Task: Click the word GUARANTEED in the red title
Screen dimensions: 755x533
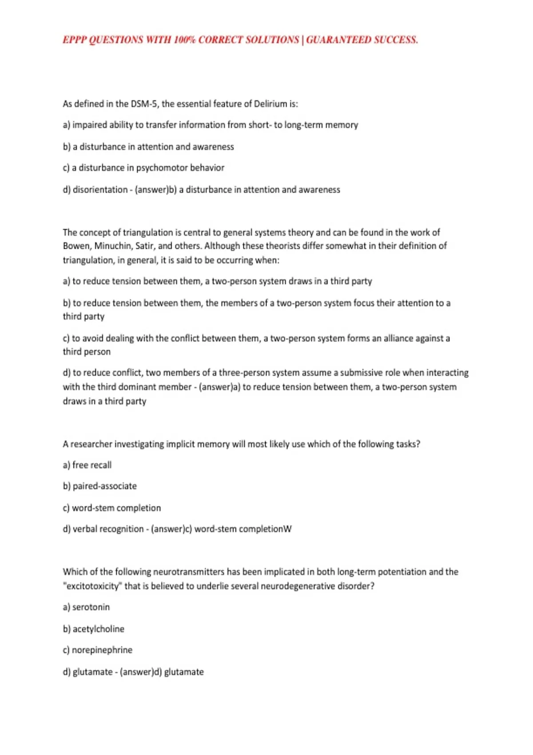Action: click(338, 40)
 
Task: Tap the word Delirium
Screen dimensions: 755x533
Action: click(270, 104)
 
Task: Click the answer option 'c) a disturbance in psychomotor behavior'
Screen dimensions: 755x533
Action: click(143, 168)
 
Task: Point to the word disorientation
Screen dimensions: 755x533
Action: click(100, 190)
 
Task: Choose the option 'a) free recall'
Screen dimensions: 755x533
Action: click(87, 465)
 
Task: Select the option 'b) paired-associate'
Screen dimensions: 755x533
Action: click(100, 486)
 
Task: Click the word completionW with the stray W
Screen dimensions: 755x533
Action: click(265, 529)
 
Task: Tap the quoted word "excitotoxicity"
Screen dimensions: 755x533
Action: click(92, 586)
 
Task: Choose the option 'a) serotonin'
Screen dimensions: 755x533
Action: click(86, 607)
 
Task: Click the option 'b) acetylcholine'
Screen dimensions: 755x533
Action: click(94, 629)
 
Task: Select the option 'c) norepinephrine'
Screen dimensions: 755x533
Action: click(98, 650)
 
